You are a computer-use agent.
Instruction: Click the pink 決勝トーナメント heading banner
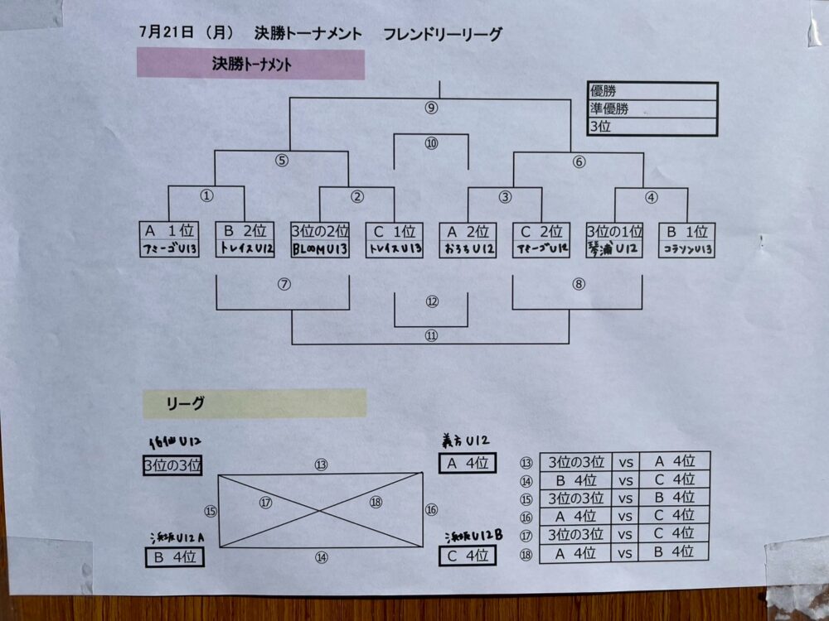[x=250, y=65]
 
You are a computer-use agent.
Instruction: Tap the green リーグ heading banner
[x=254, y=403]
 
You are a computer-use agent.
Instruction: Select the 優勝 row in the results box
[x=652, y=91]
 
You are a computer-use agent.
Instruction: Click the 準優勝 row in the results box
[x=652, y=108]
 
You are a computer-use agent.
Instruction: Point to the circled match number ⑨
[x=430, y=108]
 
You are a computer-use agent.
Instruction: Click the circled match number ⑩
[x=431, y=143]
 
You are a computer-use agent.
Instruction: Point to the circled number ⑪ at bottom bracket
[x=431, y=335]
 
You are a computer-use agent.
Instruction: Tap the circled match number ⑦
[x=284, y=284]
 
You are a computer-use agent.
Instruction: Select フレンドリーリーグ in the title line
[x=443, y=34]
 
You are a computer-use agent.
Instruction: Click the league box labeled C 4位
[x=467, y=556]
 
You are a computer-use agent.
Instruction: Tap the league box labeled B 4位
[x=173, y=557]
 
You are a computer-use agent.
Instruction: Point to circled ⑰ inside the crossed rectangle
[x=265, y=502]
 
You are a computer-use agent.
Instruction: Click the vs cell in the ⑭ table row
[x=625, y=479]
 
